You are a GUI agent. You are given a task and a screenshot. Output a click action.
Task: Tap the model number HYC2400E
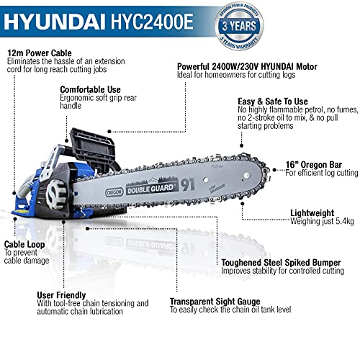click(x=147, y=19)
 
